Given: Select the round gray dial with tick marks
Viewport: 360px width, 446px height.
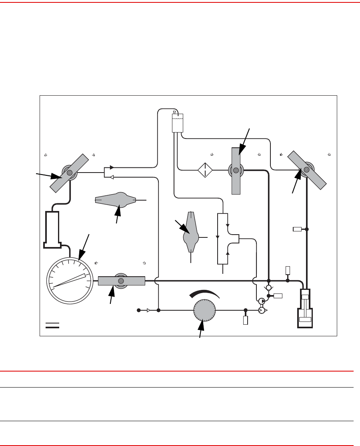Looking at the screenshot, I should pyautogui.click(x=204, y=310).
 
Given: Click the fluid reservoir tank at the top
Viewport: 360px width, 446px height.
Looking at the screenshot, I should pyautogui.click(x=177, y=123).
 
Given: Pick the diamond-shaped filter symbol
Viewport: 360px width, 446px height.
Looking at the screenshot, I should pyautogui.click(x=205, y=170).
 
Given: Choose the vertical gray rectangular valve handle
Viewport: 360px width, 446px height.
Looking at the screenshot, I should pyautogui.click(x=236, y=171).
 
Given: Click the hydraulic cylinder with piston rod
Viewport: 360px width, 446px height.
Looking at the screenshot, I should pyautogui.click(x=305, y=308).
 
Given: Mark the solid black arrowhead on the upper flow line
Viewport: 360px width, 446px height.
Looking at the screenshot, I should pyautogui.click(x=112, y=167).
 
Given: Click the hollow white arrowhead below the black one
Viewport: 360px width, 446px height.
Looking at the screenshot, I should pyautogui.click(x=112, y=177).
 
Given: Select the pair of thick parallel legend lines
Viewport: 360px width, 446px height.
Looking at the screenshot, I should pyautogui.click(x=52, y=325).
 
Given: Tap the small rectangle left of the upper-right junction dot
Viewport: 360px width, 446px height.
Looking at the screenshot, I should pyautogui.click(x=297, y=229).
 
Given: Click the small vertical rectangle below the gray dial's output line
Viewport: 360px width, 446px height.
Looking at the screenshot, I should pyautogui.click(x=246, y=320).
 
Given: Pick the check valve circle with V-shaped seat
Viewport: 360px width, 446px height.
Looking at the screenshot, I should pyautogui.click(x=269, y=288).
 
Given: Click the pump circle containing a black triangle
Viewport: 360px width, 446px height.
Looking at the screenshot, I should pyautogui.click(x=261, y=301).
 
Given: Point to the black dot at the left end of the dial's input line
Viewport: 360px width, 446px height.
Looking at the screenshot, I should pyautogui.click(x=139, y=310).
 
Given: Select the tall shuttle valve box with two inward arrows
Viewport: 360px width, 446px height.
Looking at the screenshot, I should pyautogui.click(x=222, y=239).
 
